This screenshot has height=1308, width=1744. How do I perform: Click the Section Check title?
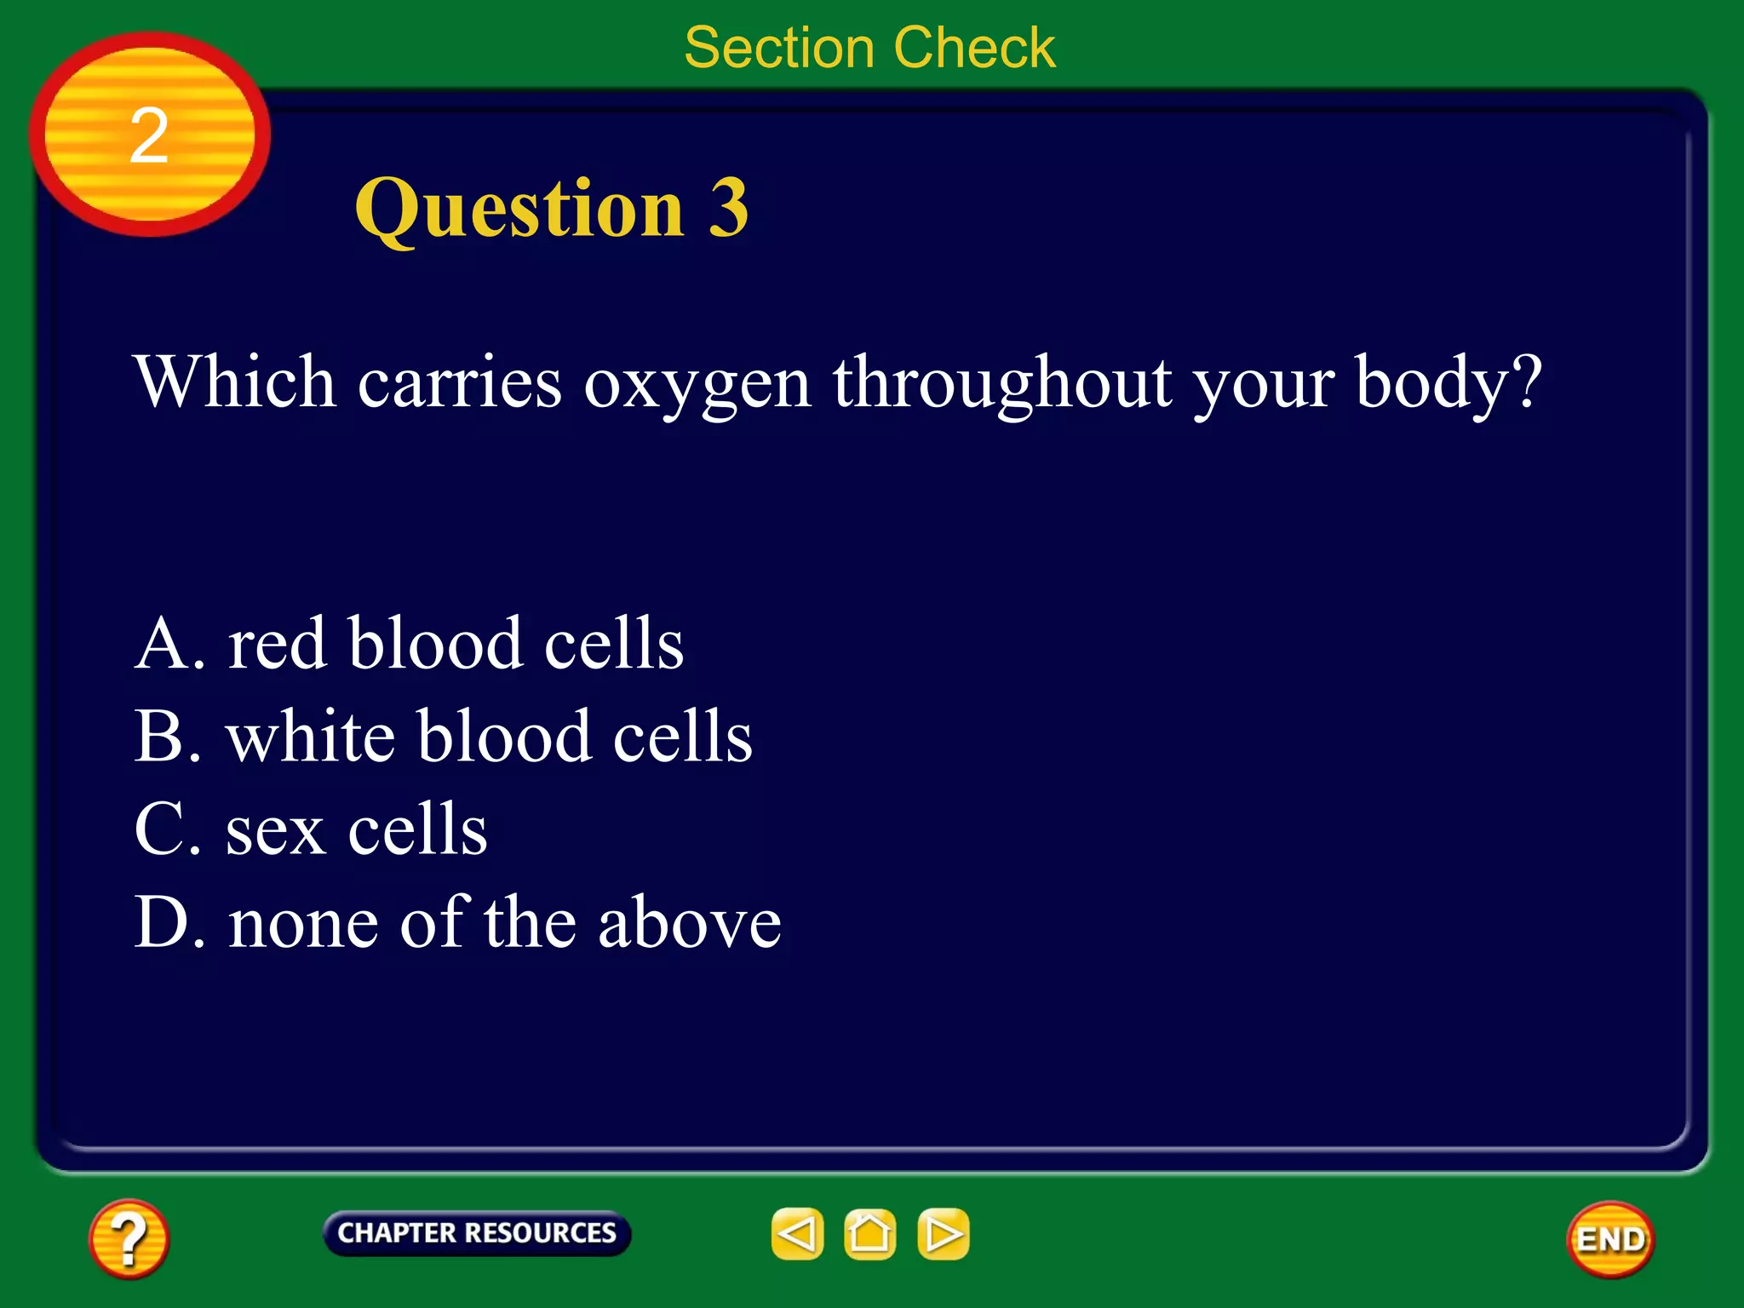coord(869,48)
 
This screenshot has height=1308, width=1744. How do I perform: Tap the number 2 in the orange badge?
coord(149,135)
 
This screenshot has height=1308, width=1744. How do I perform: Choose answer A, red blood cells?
coord(409,644)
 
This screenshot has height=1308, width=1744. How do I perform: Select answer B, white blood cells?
coord(443,737)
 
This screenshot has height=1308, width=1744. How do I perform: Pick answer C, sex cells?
coord(311,829)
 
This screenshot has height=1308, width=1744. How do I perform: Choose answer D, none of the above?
coord(457,922)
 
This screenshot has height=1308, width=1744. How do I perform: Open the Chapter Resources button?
coord(477,1233)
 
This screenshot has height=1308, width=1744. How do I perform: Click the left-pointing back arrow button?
coord(797,1234)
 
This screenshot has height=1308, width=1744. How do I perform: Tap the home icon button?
coord(869,1234)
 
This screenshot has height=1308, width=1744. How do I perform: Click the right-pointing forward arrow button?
coord(944,1234)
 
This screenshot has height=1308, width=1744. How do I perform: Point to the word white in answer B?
coord(310,737)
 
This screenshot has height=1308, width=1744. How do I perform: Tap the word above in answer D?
coord(689,924)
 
